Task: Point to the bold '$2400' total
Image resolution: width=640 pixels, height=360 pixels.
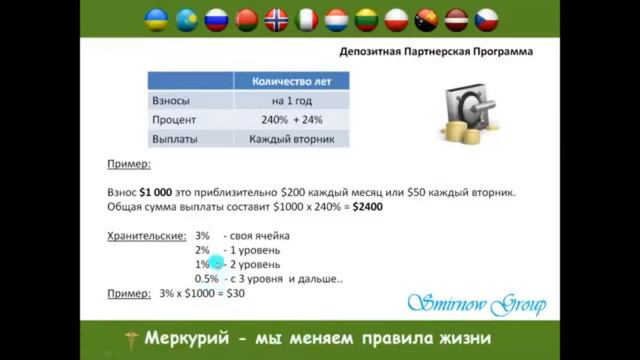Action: (x=366, y=206)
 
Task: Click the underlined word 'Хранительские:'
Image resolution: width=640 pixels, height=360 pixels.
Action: (x=146, y=236)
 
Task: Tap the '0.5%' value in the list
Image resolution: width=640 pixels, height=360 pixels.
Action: (x=207, y=279)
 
